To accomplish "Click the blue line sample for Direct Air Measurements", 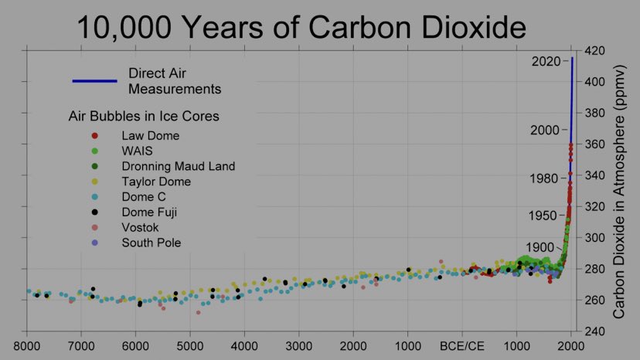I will coord(94,81).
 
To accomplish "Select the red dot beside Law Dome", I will coord(94,136).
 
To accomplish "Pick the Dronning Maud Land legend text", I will coord(178,166).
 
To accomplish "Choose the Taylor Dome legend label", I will coord(155,182).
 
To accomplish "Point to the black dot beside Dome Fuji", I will coord(94,212).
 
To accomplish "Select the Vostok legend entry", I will coord(140,228).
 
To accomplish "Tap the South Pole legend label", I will coord(150,243).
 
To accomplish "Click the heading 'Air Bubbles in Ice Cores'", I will coord(143,117).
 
